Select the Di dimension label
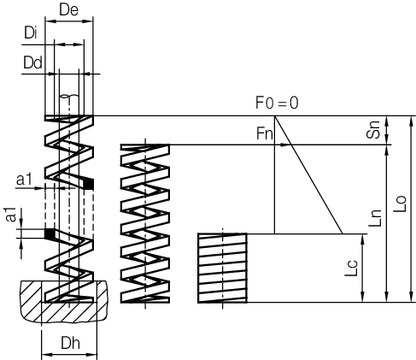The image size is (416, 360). (x=31, y=34)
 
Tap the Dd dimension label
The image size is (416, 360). (x=31, y=62)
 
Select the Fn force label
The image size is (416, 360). (x=265, y=132)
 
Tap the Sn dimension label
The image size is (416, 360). (x=372, y=130)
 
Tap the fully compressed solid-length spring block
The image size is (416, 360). (x=221, y=267)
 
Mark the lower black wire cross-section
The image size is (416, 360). (x=49, y=235)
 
